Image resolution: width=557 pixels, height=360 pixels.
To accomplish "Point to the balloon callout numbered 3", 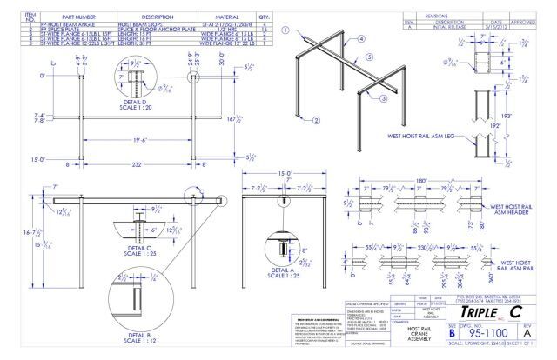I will pyautogui.click(x=358, y=99).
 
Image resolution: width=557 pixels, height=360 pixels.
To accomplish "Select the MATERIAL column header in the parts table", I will pyautogui.click(x=219, y=17).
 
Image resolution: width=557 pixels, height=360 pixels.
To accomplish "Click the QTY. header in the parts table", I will pyautogui.click(x=264, y=17).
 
